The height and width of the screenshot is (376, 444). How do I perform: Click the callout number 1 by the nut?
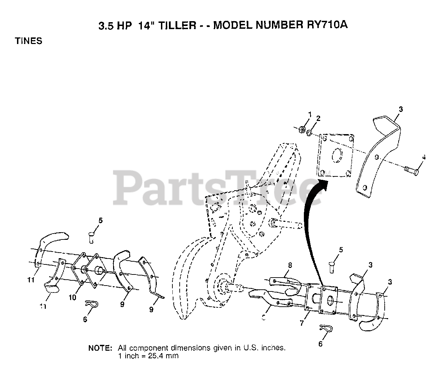(x=310, y=114)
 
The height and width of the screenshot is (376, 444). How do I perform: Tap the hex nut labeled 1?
(x=302, y=130)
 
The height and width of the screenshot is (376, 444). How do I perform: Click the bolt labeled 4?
(x=412, y=170)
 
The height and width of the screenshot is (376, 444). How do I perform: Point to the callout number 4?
(x=424, y=157)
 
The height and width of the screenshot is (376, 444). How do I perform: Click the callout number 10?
(x=72, y=297)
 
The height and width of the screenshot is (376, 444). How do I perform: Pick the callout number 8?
(x=290, y=265)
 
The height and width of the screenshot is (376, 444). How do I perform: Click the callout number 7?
(x=302, y=323)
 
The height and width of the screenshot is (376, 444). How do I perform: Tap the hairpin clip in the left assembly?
(x=91, y=304)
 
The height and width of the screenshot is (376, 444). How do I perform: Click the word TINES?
(x=28, y=41)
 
